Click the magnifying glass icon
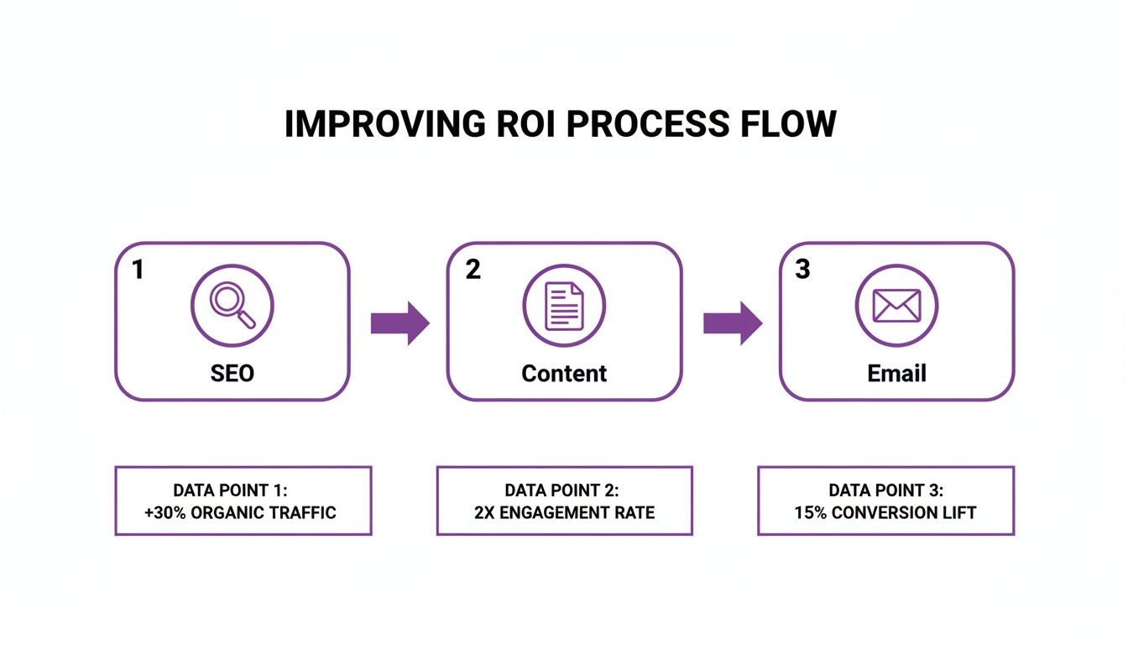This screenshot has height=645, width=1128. (232, 304)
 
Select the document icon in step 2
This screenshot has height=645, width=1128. (564, 304)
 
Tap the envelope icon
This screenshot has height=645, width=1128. (896, 304)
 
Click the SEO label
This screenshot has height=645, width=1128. (232, 372)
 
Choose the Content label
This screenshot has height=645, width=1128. (564, 372)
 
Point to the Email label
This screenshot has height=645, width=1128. (896, 372)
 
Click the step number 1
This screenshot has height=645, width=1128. (138, 270)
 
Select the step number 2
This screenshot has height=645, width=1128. (473, 270)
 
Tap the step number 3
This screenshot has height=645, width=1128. (803, 270)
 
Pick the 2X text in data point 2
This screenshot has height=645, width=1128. (485, 512)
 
